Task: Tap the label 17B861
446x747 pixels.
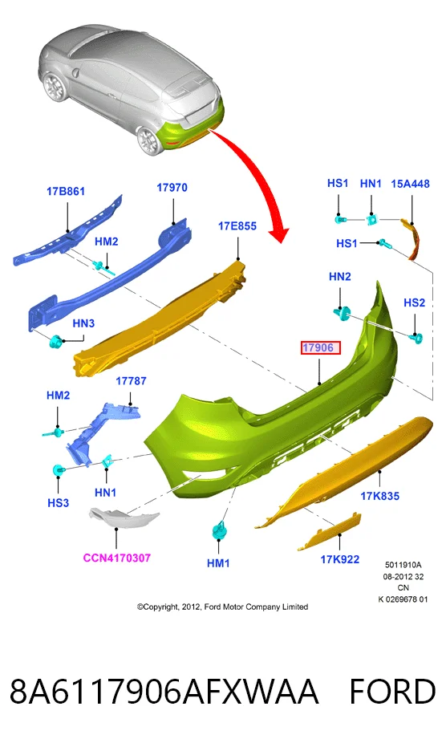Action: (66, 192)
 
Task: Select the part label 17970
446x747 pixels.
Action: (172, 188)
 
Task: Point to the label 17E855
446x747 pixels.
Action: (237, 225)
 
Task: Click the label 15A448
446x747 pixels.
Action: (410, 184)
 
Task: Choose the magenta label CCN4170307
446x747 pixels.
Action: (117, 558)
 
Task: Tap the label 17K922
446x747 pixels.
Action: (340, 559)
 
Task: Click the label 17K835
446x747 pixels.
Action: (379, 496)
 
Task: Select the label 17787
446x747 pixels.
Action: (131, 381)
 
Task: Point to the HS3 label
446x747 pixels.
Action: (58, 502)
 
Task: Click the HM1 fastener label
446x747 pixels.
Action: (218, 563)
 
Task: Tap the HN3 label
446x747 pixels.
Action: (83, 323)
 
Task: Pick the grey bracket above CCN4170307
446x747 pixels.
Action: (123, 518)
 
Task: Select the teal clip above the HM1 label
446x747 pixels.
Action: (219, 530)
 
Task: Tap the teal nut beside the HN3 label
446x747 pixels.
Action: (56, 342)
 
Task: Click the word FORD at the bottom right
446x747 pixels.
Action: (392, 692)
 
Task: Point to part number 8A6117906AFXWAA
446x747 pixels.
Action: (164, 692)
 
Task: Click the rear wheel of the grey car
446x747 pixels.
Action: (148, 140)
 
